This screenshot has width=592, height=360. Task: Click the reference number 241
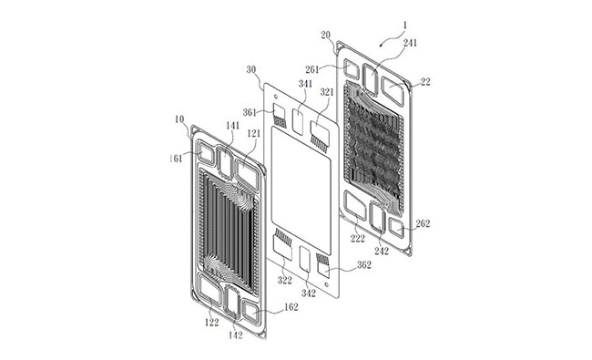click(410, 43)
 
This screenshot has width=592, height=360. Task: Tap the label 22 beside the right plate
click(425, 82)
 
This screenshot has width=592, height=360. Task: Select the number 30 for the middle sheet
click(251, 70)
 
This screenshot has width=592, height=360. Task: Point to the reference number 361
click(250, 112)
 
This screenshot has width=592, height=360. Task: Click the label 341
click(305, 84)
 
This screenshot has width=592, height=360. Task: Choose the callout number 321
click(327, 92)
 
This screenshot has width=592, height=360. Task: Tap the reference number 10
click(179, 119)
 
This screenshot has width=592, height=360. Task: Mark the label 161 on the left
click(176, 159)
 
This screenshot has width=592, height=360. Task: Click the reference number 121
click(254, 133)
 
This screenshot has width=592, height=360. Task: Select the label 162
click(291, 307)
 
